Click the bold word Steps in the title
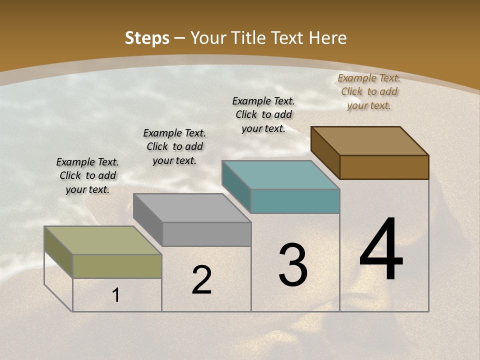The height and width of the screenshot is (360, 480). (x=147, y=38)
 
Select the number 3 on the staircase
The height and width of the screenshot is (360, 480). (x=293, y=265)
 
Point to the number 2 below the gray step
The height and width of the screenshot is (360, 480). (x=201, y=280)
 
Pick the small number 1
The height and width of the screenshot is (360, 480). (x=116, y=295)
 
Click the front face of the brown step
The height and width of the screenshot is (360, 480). (x=384, y=167)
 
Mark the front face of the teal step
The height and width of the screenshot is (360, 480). (x=295, y=201)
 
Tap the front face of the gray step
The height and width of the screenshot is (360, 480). (x=206, y=234)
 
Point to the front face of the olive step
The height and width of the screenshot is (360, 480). (x=117, y=266)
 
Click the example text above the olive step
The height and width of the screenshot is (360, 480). (x=87, y=175)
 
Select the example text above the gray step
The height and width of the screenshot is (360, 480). (x=174, y=146)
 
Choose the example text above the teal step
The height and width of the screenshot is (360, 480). (x=263, y=114)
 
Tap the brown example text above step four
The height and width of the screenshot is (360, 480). (x=369, y=91)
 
